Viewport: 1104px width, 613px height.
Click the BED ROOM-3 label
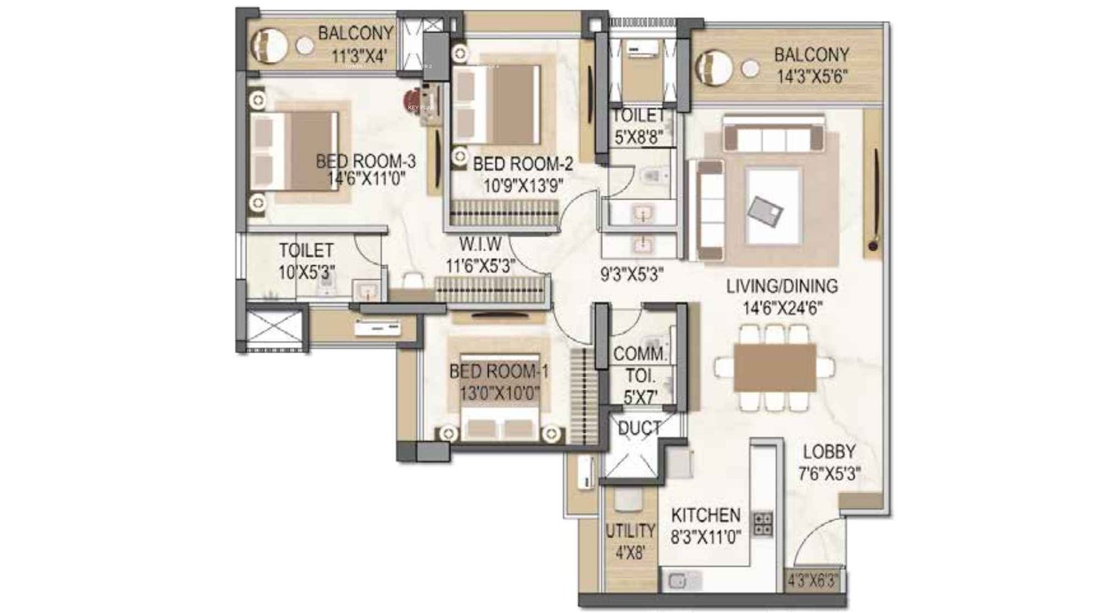click(366, 161)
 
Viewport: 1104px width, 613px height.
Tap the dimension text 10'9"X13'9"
click(523, 185)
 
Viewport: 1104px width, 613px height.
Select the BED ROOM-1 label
click(498, 372)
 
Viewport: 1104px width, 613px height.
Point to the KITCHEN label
click(705, 515)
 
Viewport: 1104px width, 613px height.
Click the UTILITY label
click(630, 531)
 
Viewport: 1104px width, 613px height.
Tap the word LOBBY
click(829, 452)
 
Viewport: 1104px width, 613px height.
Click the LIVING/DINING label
click(782, 286)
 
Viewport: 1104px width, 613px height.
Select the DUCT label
click(639, 429)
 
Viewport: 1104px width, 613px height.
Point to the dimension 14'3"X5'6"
click(811, 77)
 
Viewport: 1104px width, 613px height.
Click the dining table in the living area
click(774, 368)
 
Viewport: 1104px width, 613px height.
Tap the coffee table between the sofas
click(773, 205)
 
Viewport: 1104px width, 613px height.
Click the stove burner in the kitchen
click(762, 524)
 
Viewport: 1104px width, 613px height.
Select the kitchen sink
click(680, 581)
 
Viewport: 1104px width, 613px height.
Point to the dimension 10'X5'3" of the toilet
click(306, 272)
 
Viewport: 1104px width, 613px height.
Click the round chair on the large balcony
click(713, 69)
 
